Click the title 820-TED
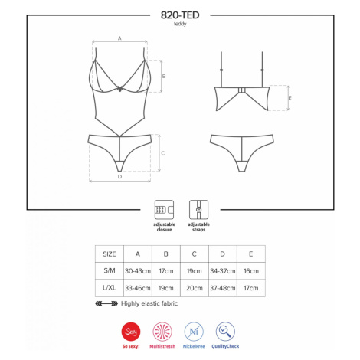(180, 15)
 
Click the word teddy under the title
(180, 24)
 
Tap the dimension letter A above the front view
(119, 38)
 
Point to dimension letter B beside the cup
(164, 76)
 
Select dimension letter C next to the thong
(163, 153)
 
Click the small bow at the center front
(119, 89)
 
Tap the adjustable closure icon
(164, 210)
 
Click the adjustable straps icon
(198, 210)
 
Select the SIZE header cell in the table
(110, 254)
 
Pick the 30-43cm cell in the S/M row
(138, 271)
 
